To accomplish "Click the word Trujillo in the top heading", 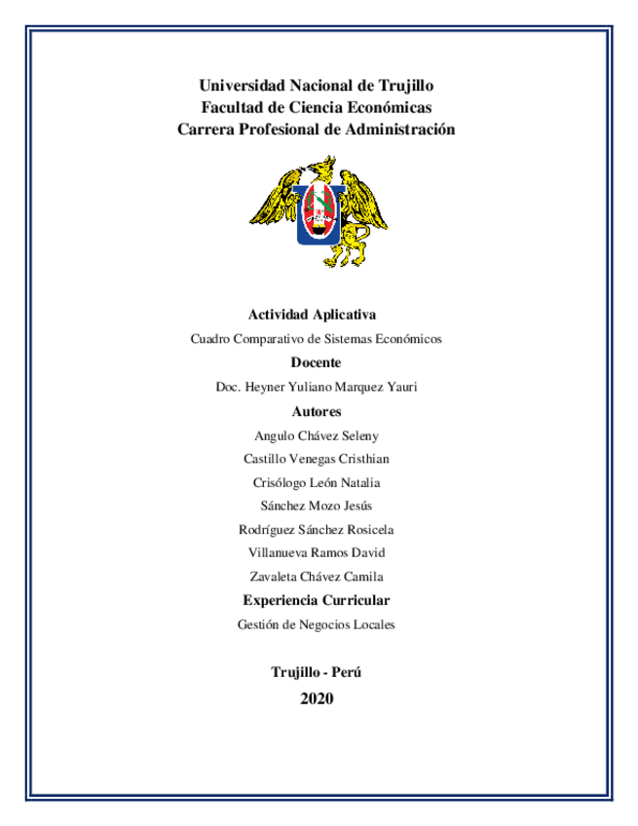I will point(400,86).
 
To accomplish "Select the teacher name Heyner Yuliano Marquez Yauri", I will point(329,387).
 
